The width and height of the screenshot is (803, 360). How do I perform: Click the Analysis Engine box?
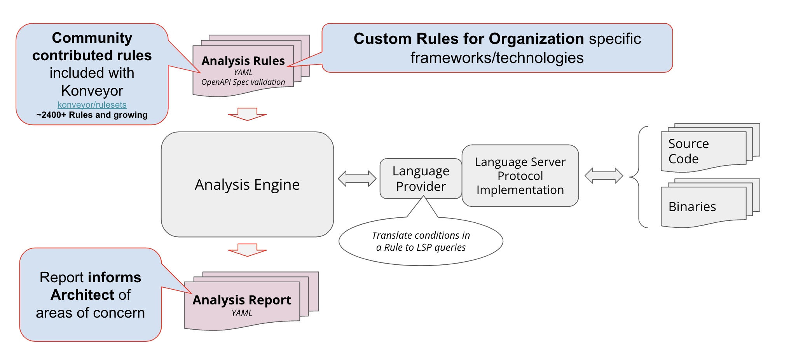click(x=247, y=184)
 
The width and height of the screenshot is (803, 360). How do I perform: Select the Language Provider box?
click(x=421, y=178)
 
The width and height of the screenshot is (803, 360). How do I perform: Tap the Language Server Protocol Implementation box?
click(x=520, y=176)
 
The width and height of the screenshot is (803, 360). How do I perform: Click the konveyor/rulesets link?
click(x=92, y=105)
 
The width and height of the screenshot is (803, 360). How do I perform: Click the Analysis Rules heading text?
click(x=243, y=61)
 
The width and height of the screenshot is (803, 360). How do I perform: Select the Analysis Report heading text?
click(x=242, y=300)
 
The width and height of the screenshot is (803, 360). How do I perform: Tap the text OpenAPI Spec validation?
click(x=243, y=82)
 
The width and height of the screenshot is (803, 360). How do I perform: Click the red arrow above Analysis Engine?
click(x=247, y=114)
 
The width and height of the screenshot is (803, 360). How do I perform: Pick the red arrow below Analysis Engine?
click(x=247, y=250)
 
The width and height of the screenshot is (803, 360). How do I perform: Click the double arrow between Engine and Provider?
click(x=357, y=178)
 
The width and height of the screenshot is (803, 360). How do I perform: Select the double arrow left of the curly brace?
click(x=604, y=176)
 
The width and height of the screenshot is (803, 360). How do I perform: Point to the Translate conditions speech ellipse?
click(x=421, y=241)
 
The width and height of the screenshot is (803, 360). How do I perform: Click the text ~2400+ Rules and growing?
click(x=92, y=115)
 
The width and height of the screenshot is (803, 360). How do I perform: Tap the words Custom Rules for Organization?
click(x=468, y=39)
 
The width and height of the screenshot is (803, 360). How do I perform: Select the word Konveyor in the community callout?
click(x=92, y=91)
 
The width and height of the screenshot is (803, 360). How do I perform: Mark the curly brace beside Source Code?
click(x=637, y=177)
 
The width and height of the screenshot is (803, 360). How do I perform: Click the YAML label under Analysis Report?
click(x=242, y=313)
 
